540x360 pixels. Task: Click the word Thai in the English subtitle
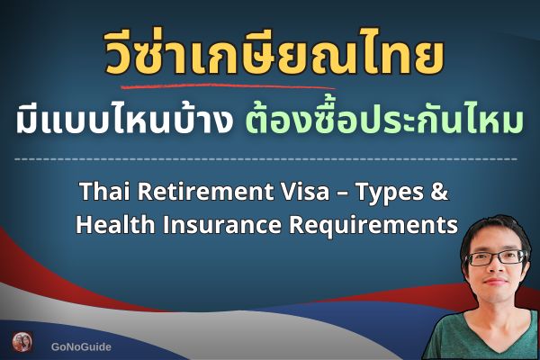[x=103, y=192]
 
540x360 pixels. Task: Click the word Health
[x=112, y=224]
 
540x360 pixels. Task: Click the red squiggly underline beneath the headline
[x=225, y=87]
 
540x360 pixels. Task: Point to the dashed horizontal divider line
[x=269, y=158]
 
